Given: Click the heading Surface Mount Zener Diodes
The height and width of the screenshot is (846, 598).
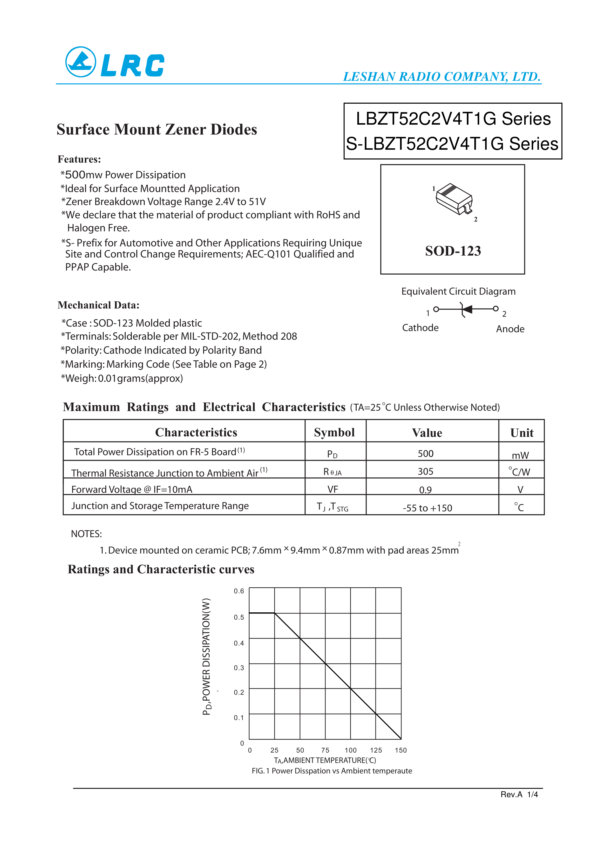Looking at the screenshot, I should [156, 129].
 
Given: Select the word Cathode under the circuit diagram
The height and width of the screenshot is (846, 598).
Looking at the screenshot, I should [420, 328].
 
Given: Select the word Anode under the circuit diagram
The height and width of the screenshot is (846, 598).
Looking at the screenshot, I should [510, 329].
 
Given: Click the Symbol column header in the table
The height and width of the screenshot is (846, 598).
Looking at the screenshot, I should [334, 432].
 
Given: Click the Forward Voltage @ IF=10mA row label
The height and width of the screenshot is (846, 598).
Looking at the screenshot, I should [132, 489].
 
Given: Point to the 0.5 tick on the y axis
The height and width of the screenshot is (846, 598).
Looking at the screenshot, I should [239, 617].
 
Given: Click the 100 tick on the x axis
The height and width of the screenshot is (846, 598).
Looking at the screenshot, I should [350, 750].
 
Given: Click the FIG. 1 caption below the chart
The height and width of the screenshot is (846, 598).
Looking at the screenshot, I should [332, 771].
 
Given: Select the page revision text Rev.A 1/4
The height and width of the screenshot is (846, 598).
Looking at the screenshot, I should [519, 794].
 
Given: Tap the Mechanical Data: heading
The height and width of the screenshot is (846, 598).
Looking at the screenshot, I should [98, 305].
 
